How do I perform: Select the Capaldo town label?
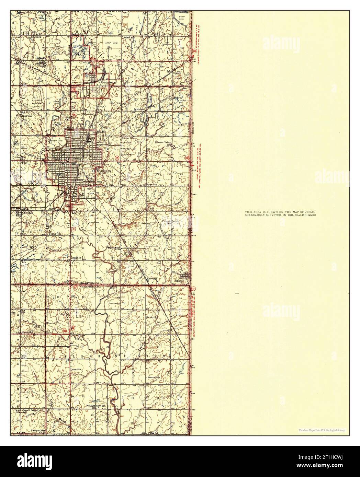click(41, 58)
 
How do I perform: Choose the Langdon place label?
click(76, 258)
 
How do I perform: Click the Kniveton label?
click(152, 278)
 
